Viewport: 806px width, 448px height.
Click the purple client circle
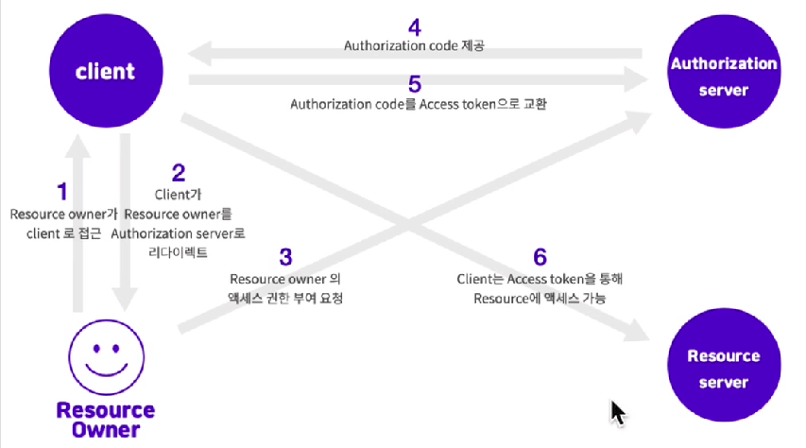(106, 71)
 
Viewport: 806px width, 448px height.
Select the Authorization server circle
(723, 77)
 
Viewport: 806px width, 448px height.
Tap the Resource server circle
(723, 369)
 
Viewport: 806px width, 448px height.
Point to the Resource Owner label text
(105, 420)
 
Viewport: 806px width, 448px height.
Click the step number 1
(62, 192)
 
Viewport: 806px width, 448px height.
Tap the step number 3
(285, 256)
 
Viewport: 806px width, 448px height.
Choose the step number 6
(540, 256)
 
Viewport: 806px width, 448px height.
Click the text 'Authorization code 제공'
(413, 45)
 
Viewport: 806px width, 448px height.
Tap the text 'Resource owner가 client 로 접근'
(62, 223)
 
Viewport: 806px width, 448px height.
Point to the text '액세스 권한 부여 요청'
(285, 298)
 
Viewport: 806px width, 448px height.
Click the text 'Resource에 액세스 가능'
(539, 298)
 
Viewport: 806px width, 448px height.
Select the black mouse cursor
(617, 412)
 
